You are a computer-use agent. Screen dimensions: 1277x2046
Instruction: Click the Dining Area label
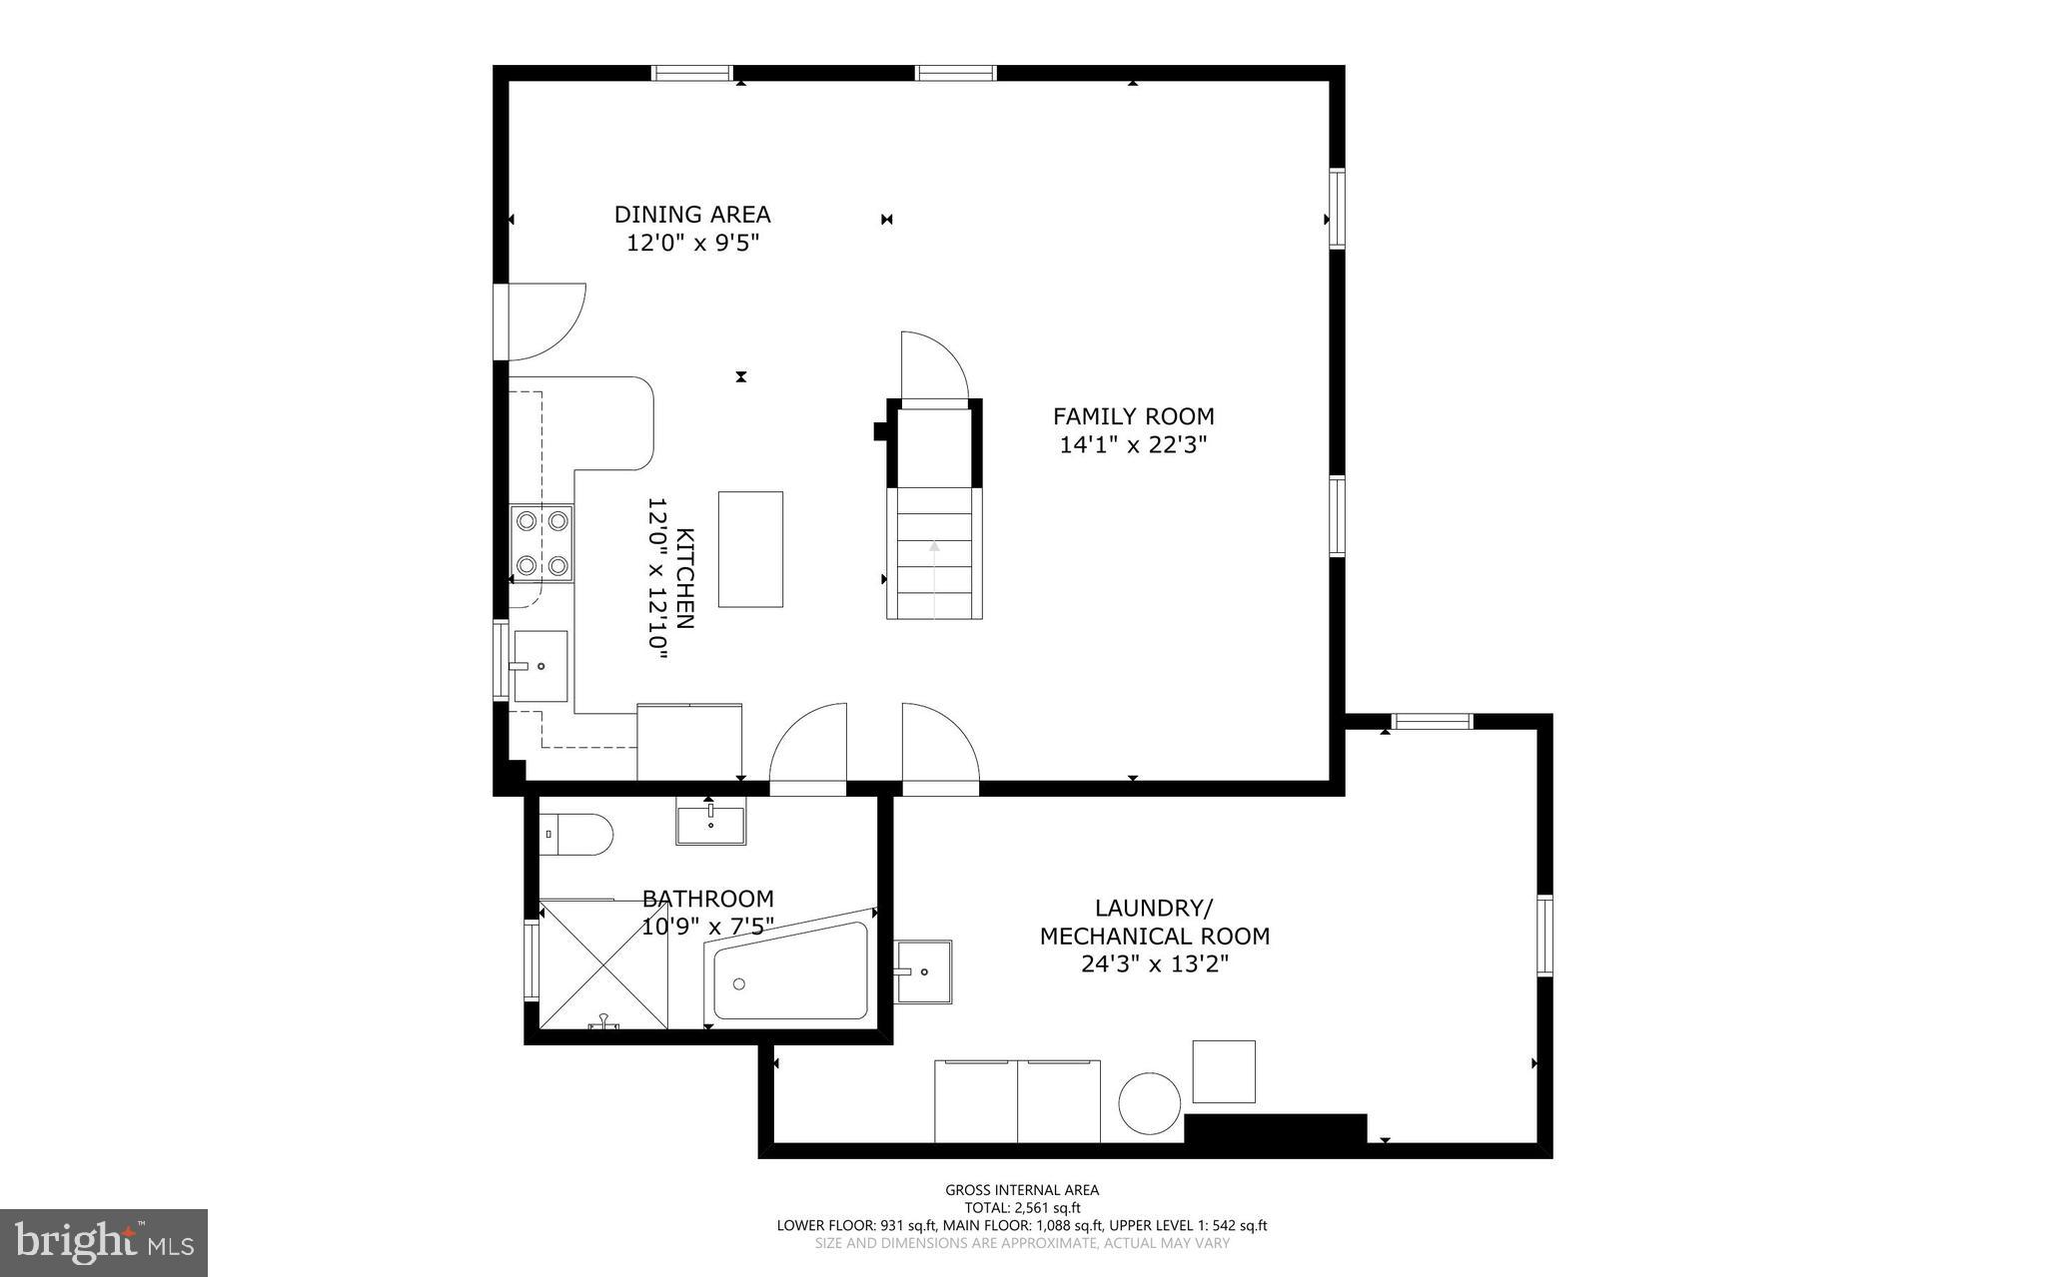point(691,215)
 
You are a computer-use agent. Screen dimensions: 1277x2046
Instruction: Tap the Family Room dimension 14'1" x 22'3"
point(1133,445)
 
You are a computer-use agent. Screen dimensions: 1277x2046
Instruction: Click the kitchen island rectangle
point(750,549)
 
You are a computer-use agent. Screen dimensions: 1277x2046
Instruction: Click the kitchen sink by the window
point(539,666)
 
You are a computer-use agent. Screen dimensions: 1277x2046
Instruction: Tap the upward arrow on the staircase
point(934,547)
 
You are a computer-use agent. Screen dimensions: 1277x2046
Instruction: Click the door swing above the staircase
point(934,366)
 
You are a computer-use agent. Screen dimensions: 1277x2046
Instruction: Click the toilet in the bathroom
point(576,834)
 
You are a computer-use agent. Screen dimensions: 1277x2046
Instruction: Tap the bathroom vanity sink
point(710,825)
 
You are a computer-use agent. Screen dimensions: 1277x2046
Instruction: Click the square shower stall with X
point(603,964)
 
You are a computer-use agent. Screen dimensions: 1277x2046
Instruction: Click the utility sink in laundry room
point(923,970)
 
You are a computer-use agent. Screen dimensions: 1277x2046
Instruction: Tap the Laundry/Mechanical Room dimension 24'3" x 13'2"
point(1154,964)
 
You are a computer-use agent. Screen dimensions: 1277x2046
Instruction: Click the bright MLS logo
point(104,1242)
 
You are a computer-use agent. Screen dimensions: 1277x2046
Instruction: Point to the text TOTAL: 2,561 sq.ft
point(1022,1207)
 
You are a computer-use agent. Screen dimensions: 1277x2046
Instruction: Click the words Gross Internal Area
point(1022,1189)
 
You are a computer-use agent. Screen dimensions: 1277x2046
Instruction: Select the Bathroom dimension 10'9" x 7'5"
point(707,928)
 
